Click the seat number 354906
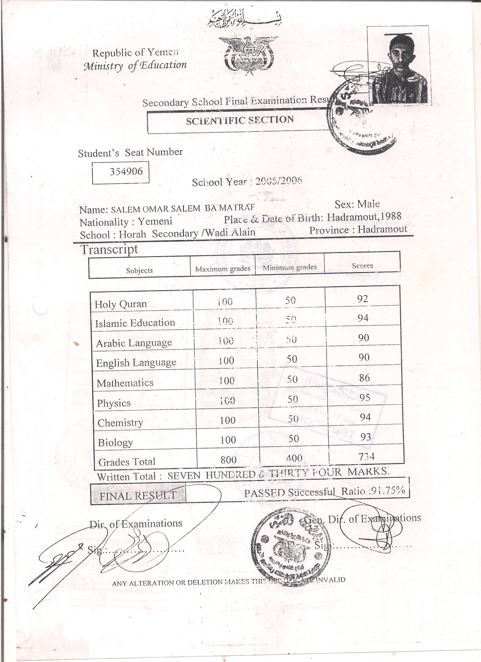(x=126, y=171)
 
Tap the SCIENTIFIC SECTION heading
(x=240, y=120)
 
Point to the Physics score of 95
(x=365, y=398)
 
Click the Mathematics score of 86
(x=364, y=378)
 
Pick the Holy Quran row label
(x=121, y=304)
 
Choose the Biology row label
(x=115, y=443)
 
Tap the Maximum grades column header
(x=223, y=269)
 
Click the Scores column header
(x=362, y=266)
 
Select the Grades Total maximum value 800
(x=228, y=460)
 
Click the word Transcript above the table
(x=109, y=249)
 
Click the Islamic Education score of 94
(x=363, y=318)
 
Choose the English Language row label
(x=136, y=362)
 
